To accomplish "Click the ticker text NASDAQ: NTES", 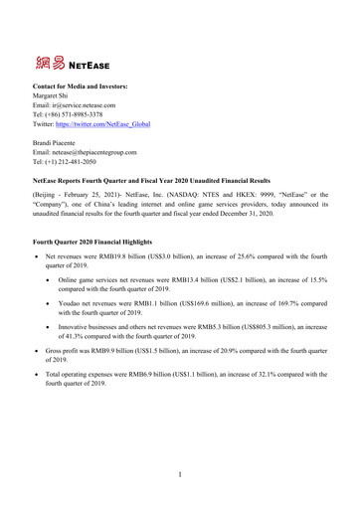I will click(206, 212).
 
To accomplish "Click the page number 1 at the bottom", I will click(180, 486).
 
